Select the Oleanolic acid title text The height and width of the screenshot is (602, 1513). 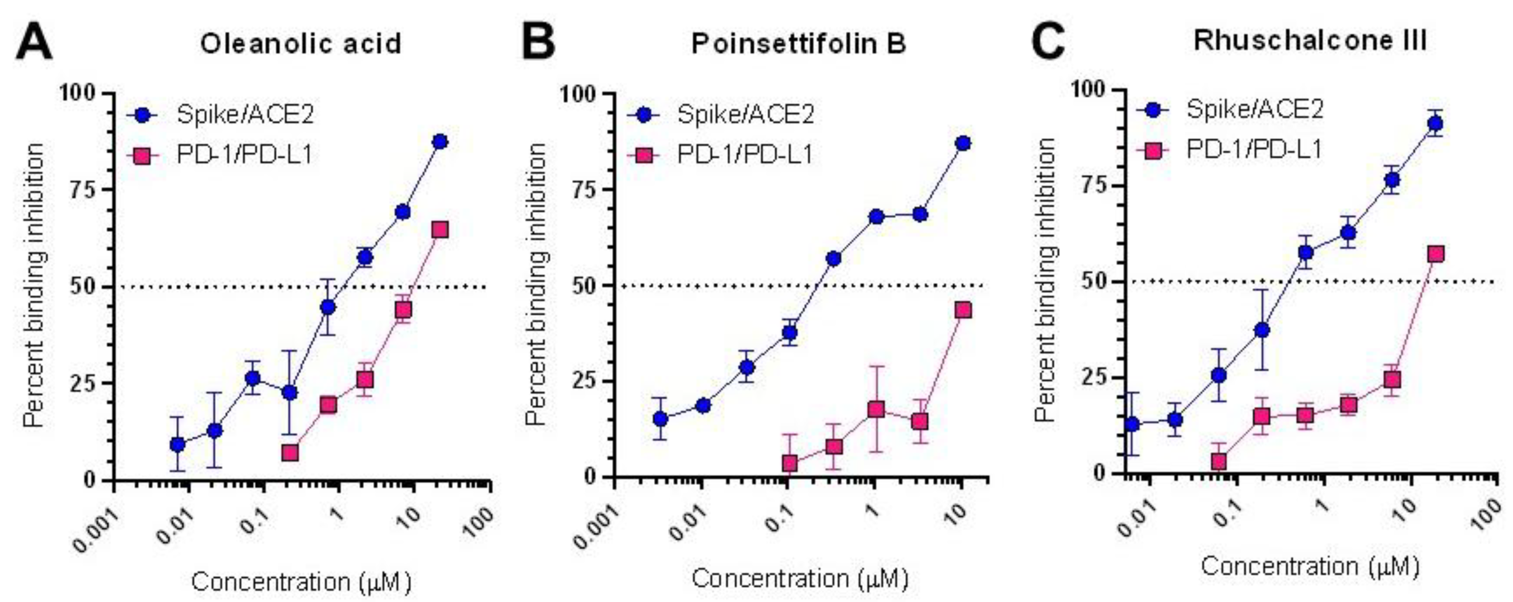pyautogui.click(x=301, y=44)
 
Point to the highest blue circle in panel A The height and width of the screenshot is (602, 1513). pyautogui.click(x=440, y=141)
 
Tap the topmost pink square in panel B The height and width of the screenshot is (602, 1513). pyautogui.click(x=963, y=310)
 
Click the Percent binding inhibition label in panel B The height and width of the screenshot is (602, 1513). pyautogui.click(x=535, y=285)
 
